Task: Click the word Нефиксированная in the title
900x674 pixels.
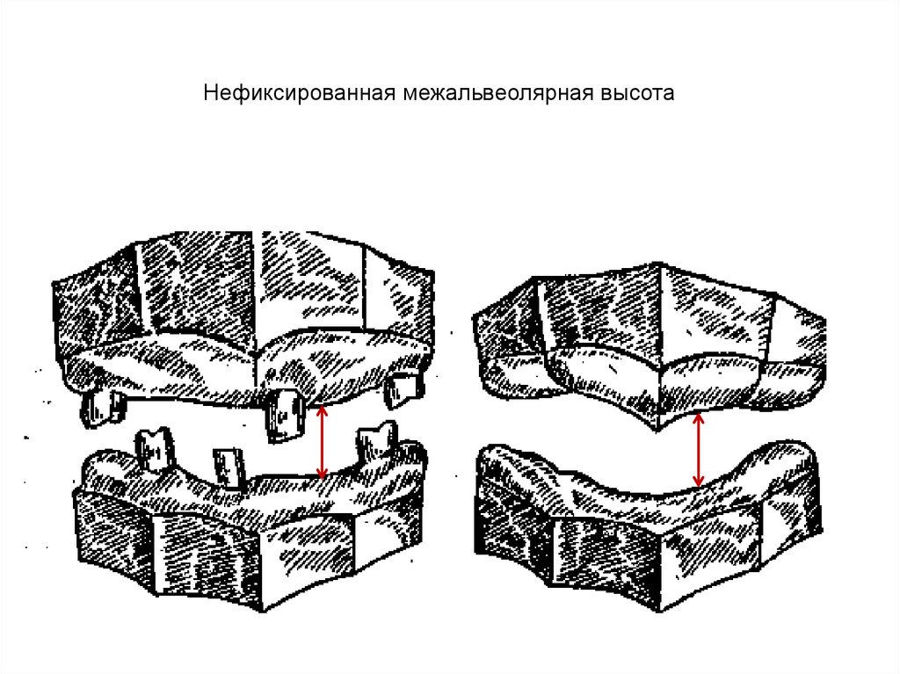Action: coord(299,93)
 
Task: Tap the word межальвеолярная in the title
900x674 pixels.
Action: coord(497,93)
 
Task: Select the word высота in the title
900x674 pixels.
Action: coord(637,93)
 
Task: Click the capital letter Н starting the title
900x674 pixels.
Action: coord(210,93)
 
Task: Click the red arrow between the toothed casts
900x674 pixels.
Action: coord(322,441)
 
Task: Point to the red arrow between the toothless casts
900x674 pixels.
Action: coord(698,450)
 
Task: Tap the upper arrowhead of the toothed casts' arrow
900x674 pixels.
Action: coord(322,409)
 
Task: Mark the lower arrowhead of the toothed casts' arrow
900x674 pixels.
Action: coord(322,475)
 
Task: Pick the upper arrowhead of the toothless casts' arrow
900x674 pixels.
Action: coord(698,417)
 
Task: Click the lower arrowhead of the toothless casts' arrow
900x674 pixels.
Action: coord(698,482)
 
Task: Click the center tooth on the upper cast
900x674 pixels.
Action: coord(284,416)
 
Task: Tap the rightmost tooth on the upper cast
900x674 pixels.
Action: coord(403,390)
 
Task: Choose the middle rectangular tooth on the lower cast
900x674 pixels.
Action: coord(229,467)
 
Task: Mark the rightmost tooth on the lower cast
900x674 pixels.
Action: coord(377,443)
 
